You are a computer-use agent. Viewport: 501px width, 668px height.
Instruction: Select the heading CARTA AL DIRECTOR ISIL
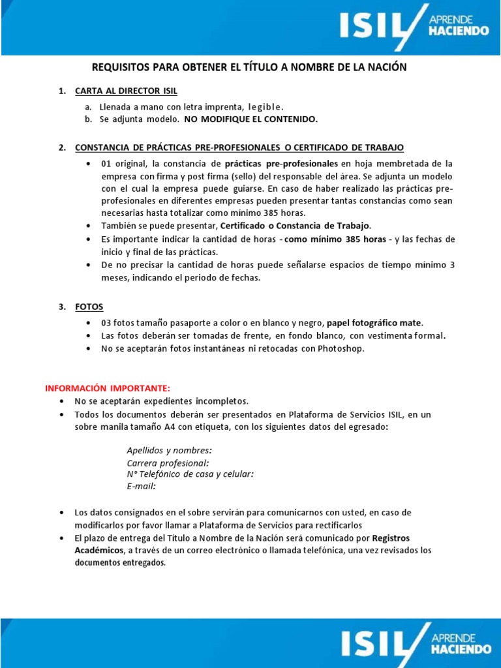(x=126, y=91)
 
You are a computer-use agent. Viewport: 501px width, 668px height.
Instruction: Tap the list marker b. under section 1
(x=88, y=119)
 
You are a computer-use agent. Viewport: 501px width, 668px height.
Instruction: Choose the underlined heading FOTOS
(x=89, y=307)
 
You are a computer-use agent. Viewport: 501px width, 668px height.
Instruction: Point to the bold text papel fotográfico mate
(x=374, y=323)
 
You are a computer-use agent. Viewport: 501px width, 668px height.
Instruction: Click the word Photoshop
(x=341, y=348)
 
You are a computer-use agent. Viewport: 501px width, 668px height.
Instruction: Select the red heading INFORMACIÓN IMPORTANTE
(x=107, y=388)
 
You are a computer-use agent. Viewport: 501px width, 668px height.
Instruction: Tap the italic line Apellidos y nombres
(x=169, y=451)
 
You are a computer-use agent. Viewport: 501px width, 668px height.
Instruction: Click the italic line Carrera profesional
(x=168, y=463)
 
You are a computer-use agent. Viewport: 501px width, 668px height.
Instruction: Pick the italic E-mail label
(x=141, y=486)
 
